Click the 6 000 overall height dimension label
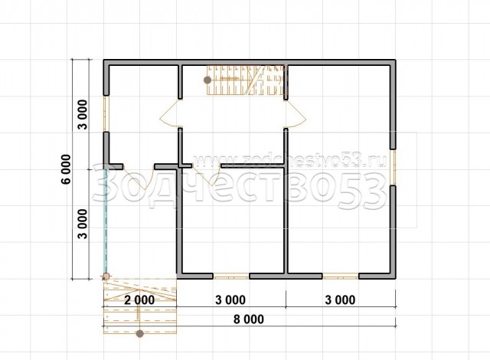pos(67,169)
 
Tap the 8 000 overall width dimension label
pos(249,319)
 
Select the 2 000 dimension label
pos(139,300)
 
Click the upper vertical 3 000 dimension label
pos(83,114)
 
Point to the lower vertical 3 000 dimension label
pos(83,224)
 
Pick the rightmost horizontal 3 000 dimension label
pos(340,300)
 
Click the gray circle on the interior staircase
pos(207,80)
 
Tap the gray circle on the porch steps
pos(140,334)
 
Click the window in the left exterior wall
pos(106,113)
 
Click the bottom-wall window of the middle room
pos(231,277)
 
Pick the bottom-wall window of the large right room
pos(340,277)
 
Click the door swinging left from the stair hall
pos(169,114)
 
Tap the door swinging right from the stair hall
pos(296,114)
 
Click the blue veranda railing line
pos(106,221)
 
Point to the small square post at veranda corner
pos(106,277)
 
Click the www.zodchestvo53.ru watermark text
pos(289,161)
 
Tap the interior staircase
pos(247,80)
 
